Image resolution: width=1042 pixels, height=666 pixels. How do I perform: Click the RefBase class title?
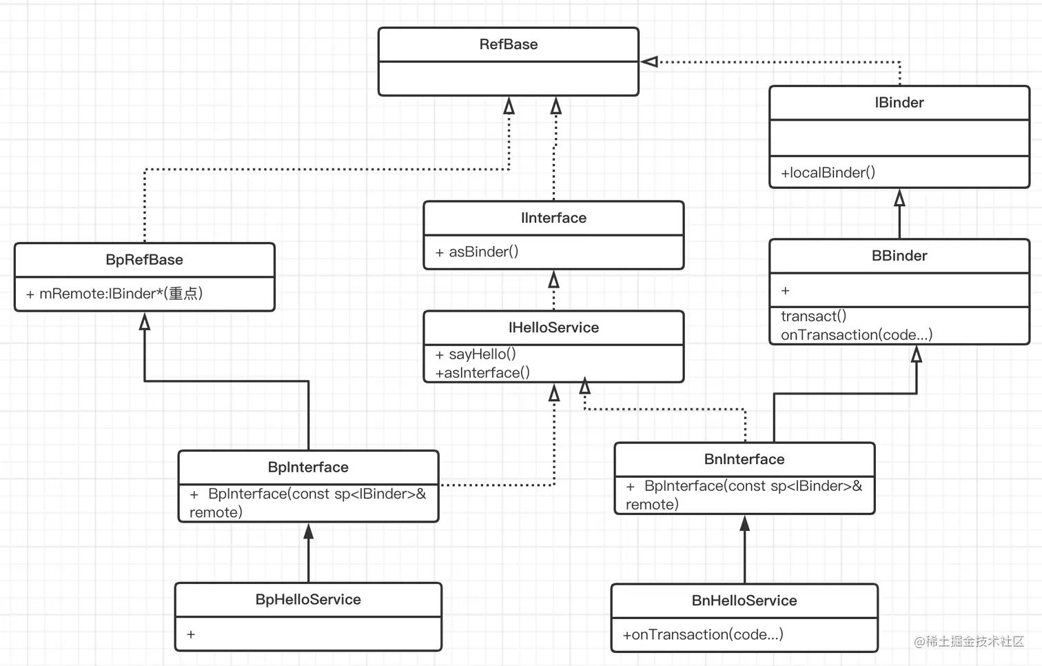(508, 45)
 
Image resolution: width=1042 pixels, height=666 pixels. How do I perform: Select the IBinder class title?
(899, 103)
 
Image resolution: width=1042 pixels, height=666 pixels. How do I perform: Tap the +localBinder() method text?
(828, 173)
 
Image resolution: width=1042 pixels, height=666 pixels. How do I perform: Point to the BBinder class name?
(899, 256)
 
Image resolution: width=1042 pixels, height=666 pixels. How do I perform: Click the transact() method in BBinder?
(813, 316)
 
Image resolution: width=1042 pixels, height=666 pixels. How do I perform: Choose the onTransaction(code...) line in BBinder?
(856, 335)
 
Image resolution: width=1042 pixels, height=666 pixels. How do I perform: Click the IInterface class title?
(553, 218)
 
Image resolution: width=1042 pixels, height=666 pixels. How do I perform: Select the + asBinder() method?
(477, 252)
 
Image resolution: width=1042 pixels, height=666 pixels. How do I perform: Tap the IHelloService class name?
(553, 327)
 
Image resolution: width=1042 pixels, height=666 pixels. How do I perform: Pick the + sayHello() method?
(476, 354)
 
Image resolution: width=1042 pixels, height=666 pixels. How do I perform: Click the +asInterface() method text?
(482, 373)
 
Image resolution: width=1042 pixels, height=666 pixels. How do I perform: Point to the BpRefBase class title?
(144, 260)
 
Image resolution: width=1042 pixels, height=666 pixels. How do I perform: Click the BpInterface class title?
(308, 467)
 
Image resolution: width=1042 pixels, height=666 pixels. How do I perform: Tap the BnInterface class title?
(744, 459)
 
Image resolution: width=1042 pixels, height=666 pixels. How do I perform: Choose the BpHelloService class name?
(308, 600)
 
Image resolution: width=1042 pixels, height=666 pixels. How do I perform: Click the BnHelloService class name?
(744, 601)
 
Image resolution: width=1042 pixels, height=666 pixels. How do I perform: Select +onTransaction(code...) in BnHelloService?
(703, 635)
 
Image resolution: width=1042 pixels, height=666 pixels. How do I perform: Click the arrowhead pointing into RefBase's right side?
(649, 62)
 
